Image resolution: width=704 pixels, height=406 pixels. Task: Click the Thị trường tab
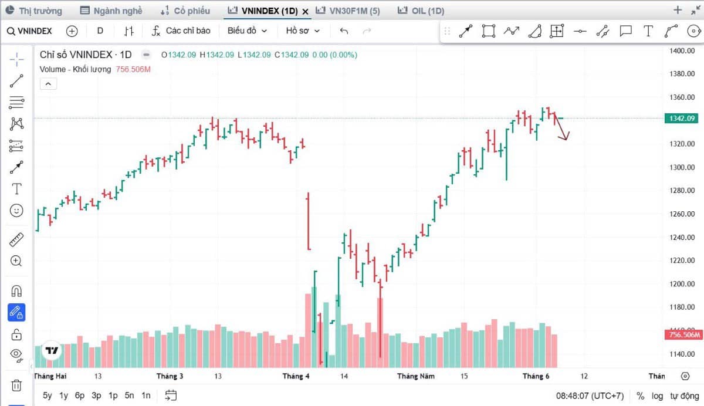pyautogui.click(x=34, y=11)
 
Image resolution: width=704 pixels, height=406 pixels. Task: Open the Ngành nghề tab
pyautogui.click(x=111, y=11)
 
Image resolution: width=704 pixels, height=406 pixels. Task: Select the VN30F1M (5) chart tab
pyautogui.click(x=347, y=11)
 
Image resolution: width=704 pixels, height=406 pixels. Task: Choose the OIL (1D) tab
pyautogui.click(x=421, y=11)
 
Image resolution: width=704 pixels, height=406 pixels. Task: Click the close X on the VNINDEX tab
pyautogui.click(x=305, y=12)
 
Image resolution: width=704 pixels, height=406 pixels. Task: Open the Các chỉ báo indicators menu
pyautogui.click(x=181, y=31)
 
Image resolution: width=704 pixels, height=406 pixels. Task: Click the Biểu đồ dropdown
pyautogui.click(x=247, y=31)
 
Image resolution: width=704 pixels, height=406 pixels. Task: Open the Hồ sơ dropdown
pyautogui.click(x=303, y=31)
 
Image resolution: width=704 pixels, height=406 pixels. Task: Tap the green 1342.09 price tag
pyautogui.click(x=681, y=119)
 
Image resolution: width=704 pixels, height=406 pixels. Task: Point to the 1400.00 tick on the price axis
pyautogui.click(x=682, y=51)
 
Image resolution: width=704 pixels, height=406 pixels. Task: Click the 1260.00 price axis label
pyautogui.click(x=682, y=214)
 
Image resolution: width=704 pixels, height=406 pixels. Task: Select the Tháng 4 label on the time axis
pyautogui.click(x=296, y=376)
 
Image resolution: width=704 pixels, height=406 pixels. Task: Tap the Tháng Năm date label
pyautogui.click(x=416, y=376)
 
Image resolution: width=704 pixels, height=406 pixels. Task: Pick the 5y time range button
pyautogui.click(x=47, y=395)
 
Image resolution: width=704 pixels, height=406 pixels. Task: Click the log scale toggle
pyautogui.click(x=657, y=396)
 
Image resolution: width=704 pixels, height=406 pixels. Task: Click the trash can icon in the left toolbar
pyautogui.click(x=16, y=385)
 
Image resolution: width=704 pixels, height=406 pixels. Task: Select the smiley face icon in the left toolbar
pyautogui.click(x=16, y=210)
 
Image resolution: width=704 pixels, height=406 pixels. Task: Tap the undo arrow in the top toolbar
pyautogui.click(x=344, y=31)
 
